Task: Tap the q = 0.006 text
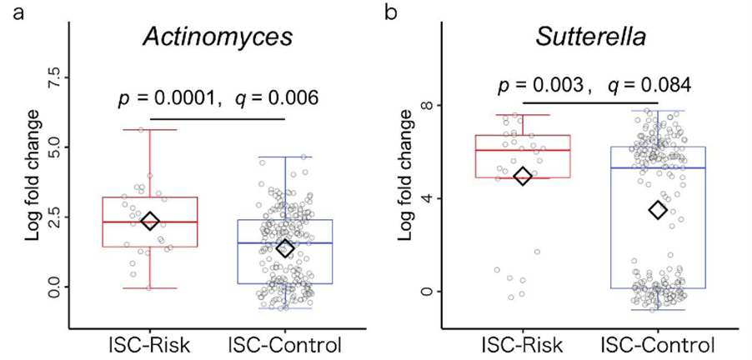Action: tap(278, 98)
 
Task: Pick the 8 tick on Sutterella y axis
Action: tap(435, 106)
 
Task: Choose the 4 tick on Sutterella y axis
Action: tap(435, 198)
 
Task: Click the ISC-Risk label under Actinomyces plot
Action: tap(151, 342)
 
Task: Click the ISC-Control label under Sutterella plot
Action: tap(657, 342)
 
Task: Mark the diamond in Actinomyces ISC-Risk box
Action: tap(150, 221)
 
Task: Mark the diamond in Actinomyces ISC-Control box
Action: tap(285, 248)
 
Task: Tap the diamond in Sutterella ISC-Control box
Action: tap(658, 210)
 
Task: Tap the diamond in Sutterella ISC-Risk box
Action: tap(523, 177)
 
